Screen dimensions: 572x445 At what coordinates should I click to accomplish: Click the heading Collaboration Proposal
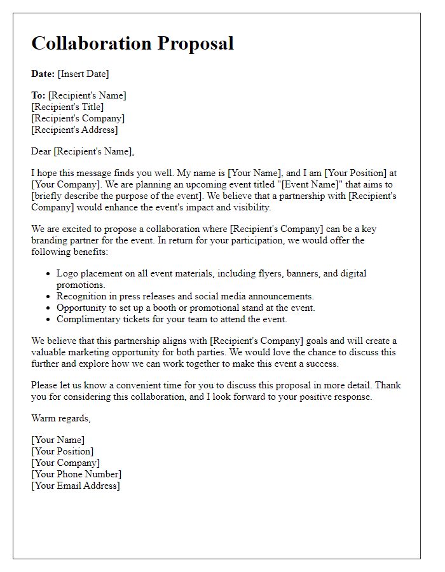132,43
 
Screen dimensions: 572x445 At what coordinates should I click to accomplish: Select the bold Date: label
43,74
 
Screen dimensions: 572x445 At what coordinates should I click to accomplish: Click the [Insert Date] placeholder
83,74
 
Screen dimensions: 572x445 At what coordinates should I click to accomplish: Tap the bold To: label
38,95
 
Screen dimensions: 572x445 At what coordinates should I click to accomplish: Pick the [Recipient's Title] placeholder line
67,107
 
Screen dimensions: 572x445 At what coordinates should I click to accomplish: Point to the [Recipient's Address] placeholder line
74,130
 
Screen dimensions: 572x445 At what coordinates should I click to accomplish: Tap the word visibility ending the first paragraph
250,207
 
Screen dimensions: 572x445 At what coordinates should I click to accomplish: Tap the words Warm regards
61,418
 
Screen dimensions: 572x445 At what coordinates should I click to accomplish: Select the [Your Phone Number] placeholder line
76,474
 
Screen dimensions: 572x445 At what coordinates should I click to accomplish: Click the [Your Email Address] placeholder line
76,486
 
